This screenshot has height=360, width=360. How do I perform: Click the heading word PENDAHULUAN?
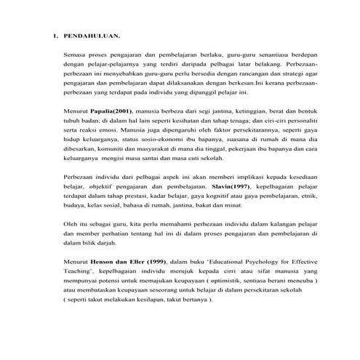tap(92, 35)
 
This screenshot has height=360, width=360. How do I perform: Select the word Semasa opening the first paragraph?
tap(75, 55)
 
